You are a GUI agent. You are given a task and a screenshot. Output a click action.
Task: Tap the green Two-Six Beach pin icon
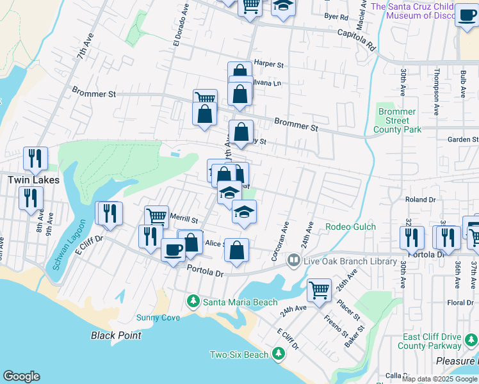(278, 353)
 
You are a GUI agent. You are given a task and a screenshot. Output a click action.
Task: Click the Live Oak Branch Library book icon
(294, 260)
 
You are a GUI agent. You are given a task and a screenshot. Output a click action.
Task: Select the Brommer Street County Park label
(397, 120)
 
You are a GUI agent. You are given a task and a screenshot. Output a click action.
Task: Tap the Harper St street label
(268, 63)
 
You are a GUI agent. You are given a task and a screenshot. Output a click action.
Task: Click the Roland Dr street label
(419, 200)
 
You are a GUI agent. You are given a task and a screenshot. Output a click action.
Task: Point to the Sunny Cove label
(158, 318)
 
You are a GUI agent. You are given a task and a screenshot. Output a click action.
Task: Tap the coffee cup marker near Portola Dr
(172, 250)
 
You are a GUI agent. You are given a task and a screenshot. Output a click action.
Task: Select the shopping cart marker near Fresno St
(319, 289)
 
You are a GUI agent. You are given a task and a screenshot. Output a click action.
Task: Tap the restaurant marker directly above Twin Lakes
(35, 158)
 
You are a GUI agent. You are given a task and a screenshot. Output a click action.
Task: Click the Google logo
(21, 376)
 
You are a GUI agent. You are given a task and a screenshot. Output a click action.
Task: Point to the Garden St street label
(462, 140)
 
